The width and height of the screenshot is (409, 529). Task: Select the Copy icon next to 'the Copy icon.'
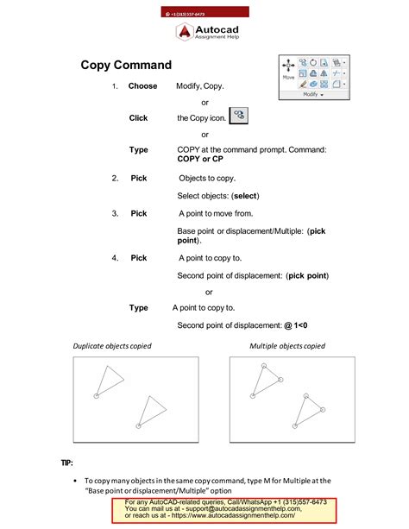click(x=239, y=116)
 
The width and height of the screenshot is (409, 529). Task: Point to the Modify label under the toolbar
click(x=311, y=95)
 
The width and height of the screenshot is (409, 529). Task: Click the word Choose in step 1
click(x=142, y=86)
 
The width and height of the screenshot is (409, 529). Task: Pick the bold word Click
click(x=138, y=118)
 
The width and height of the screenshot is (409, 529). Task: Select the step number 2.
click(x=115, y=178)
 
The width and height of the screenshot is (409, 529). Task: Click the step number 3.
click(x=115, y=213)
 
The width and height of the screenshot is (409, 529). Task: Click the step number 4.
click(x=115, y=258)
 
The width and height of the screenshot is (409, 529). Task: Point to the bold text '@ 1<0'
click(x=295, y=325)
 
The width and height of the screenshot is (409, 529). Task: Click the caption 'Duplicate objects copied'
click(x=112, y=346)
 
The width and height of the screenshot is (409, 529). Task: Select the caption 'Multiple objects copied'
click(x=287, y=346)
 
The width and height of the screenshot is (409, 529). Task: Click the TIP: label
click(x=67, y=463)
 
